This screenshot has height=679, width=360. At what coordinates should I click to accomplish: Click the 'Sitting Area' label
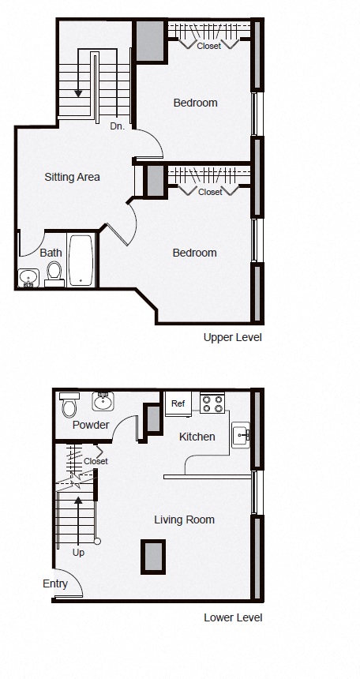(72, 177)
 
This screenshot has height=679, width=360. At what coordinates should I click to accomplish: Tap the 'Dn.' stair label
(117, 126)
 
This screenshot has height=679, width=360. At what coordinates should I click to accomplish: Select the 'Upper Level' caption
(232, 337)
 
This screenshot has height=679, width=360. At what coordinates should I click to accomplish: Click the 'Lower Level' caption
(233, 617)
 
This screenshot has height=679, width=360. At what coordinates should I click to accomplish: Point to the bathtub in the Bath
(81, 260)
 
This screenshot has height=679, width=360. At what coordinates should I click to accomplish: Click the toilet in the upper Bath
(54, 273)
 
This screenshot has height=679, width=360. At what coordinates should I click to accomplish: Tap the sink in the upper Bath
(28, 278)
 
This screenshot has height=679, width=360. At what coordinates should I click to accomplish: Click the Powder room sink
(103, 402)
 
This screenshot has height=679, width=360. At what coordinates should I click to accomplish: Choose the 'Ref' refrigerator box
(178, 404)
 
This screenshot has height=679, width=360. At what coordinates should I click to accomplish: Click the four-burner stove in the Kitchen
(212, 404)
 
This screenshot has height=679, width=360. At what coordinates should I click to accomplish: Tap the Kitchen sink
(241, 435)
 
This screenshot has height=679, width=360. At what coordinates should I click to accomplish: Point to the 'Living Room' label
(184, 520)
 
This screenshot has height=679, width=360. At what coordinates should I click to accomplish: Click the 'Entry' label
(55, 584)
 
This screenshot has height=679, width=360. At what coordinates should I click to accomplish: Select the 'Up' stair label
(78, 553)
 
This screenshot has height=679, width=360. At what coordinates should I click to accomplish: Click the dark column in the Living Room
(152, 557)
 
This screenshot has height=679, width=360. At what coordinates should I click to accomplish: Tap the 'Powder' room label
(91, 425)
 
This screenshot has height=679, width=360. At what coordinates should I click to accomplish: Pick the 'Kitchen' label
(197, 437)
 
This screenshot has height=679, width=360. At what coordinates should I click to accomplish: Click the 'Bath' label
(51, 253)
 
